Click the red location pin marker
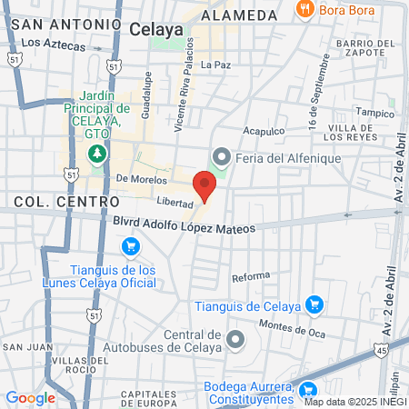pos(205,185)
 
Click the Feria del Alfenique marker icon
pos(218,158)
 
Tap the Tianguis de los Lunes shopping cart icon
pos(130,246)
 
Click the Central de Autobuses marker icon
pos(236,340)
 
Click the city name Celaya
pos(156,30)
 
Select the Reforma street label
pos(251,276)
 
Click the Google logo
pos(30,397)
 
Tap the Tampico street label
pos(374,113)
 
